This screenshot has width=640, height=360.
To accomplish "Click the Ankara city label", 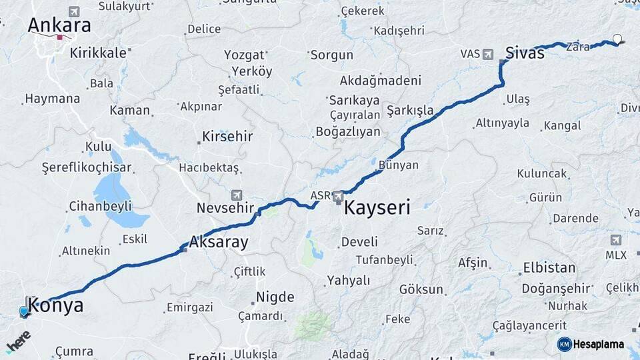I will click(x=59, y=26).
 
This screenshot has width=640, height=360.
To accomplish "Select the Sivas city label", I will click(x=525, y=53).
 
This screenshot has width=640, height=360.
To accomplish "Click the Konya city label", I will click(x=57, y=306).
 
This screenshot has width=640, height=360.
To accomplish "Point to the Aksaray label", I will click(x=219, y=242).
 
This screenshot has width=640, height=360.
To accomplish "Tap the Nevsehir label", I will click(x=226, y=207).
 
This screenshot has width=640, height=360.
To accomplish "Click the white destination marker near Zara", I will click(x=617, y=39).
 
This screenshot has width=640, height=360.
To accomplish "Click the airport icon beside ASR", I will click(x=338, y=196).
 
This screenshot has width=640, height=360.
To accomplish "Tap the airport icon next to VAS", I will click(x=488, y=54).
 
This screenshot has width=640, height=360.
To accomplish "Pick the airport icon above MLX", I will click(x=615, y=240).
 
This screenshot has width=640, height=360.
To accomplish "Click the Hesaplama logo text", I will click(x=598, y=344).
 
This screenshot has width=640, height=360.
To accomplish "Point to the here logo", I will click(x=18, y=341).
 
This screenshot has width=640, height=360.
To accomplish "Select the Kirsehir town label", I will click(x=227, y=137).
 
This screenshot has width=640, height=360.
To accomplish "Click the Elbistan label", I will click(x=549, y=268).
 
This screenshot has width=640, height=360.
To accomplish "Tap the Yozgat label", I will click(x=245, y=55).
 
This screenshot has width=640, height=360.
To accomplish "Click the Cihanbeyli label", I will click(x=101, y=206).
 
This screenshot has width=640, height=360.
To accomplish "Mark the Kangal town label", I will click(x=562, y=125).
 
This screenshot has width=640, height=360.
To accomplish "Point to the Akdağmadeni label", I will click(x=381, y=81).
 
